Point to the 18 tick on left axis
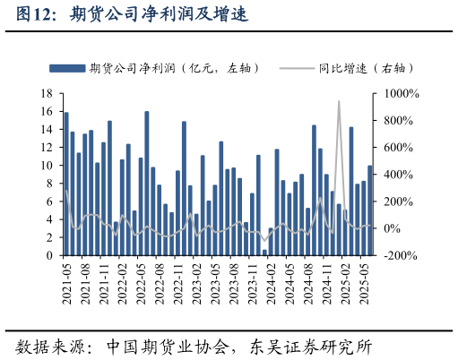48,93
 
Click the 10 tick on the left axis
48,166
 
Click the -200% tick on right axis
400,255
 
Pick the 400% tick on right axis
397,175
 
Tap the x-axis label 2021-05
66,284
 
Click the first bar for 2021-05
66,184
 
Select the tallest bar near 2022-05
147,184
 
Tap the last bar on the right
369,210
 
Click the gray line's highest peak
339,102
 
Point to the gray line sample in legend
297,68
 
